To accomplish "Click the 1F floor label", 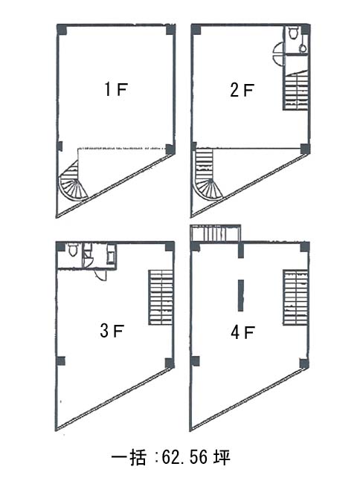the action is pyautogui.click(x=115, y=90).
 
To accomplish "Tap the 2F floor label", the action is pyautogui.click(x=242, y=90).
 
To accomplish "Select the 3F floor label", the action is pyautogui.click(x=112, y=331).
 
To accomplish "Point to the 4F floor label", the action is pyautogui.click(x=242, y=332).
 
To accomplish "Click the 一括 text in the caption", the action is pyautogui.click(x=128, y=458).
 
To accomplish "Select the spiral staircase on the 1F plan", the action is pyautogui.click(x=73, y=181).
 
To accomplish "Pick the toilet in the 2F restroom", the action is pyautogui.click(x=293, y=32).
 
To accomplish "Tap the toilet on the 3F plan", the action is pyautogui.click(x=73, y=250).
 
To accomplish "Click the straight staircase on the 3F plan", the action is pyautogui.click(x=161, y=297).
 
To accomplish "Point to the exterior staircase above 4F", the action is pyautogui.click(x=215, y=233).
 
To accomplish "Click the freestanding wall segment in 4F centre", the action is pyautogui.click(x=241, y=295).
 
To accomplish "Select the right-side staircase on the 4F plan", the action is pyautogui.click(x=295, y=297).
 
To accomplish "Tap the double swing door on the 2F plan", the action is pyautogui.click(x=279, y=54).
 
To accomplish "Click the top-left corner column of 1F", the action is pyautogui.click(x=62, y=29).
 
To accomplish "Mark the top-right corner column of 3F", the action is pyautogui.click(x=170, y=246).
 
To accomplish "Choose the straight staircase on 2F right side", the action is pyautogui.click(x=296, y=90).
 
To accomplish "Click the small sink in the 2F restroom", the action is pyautogui.click(x=302, y=48).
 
